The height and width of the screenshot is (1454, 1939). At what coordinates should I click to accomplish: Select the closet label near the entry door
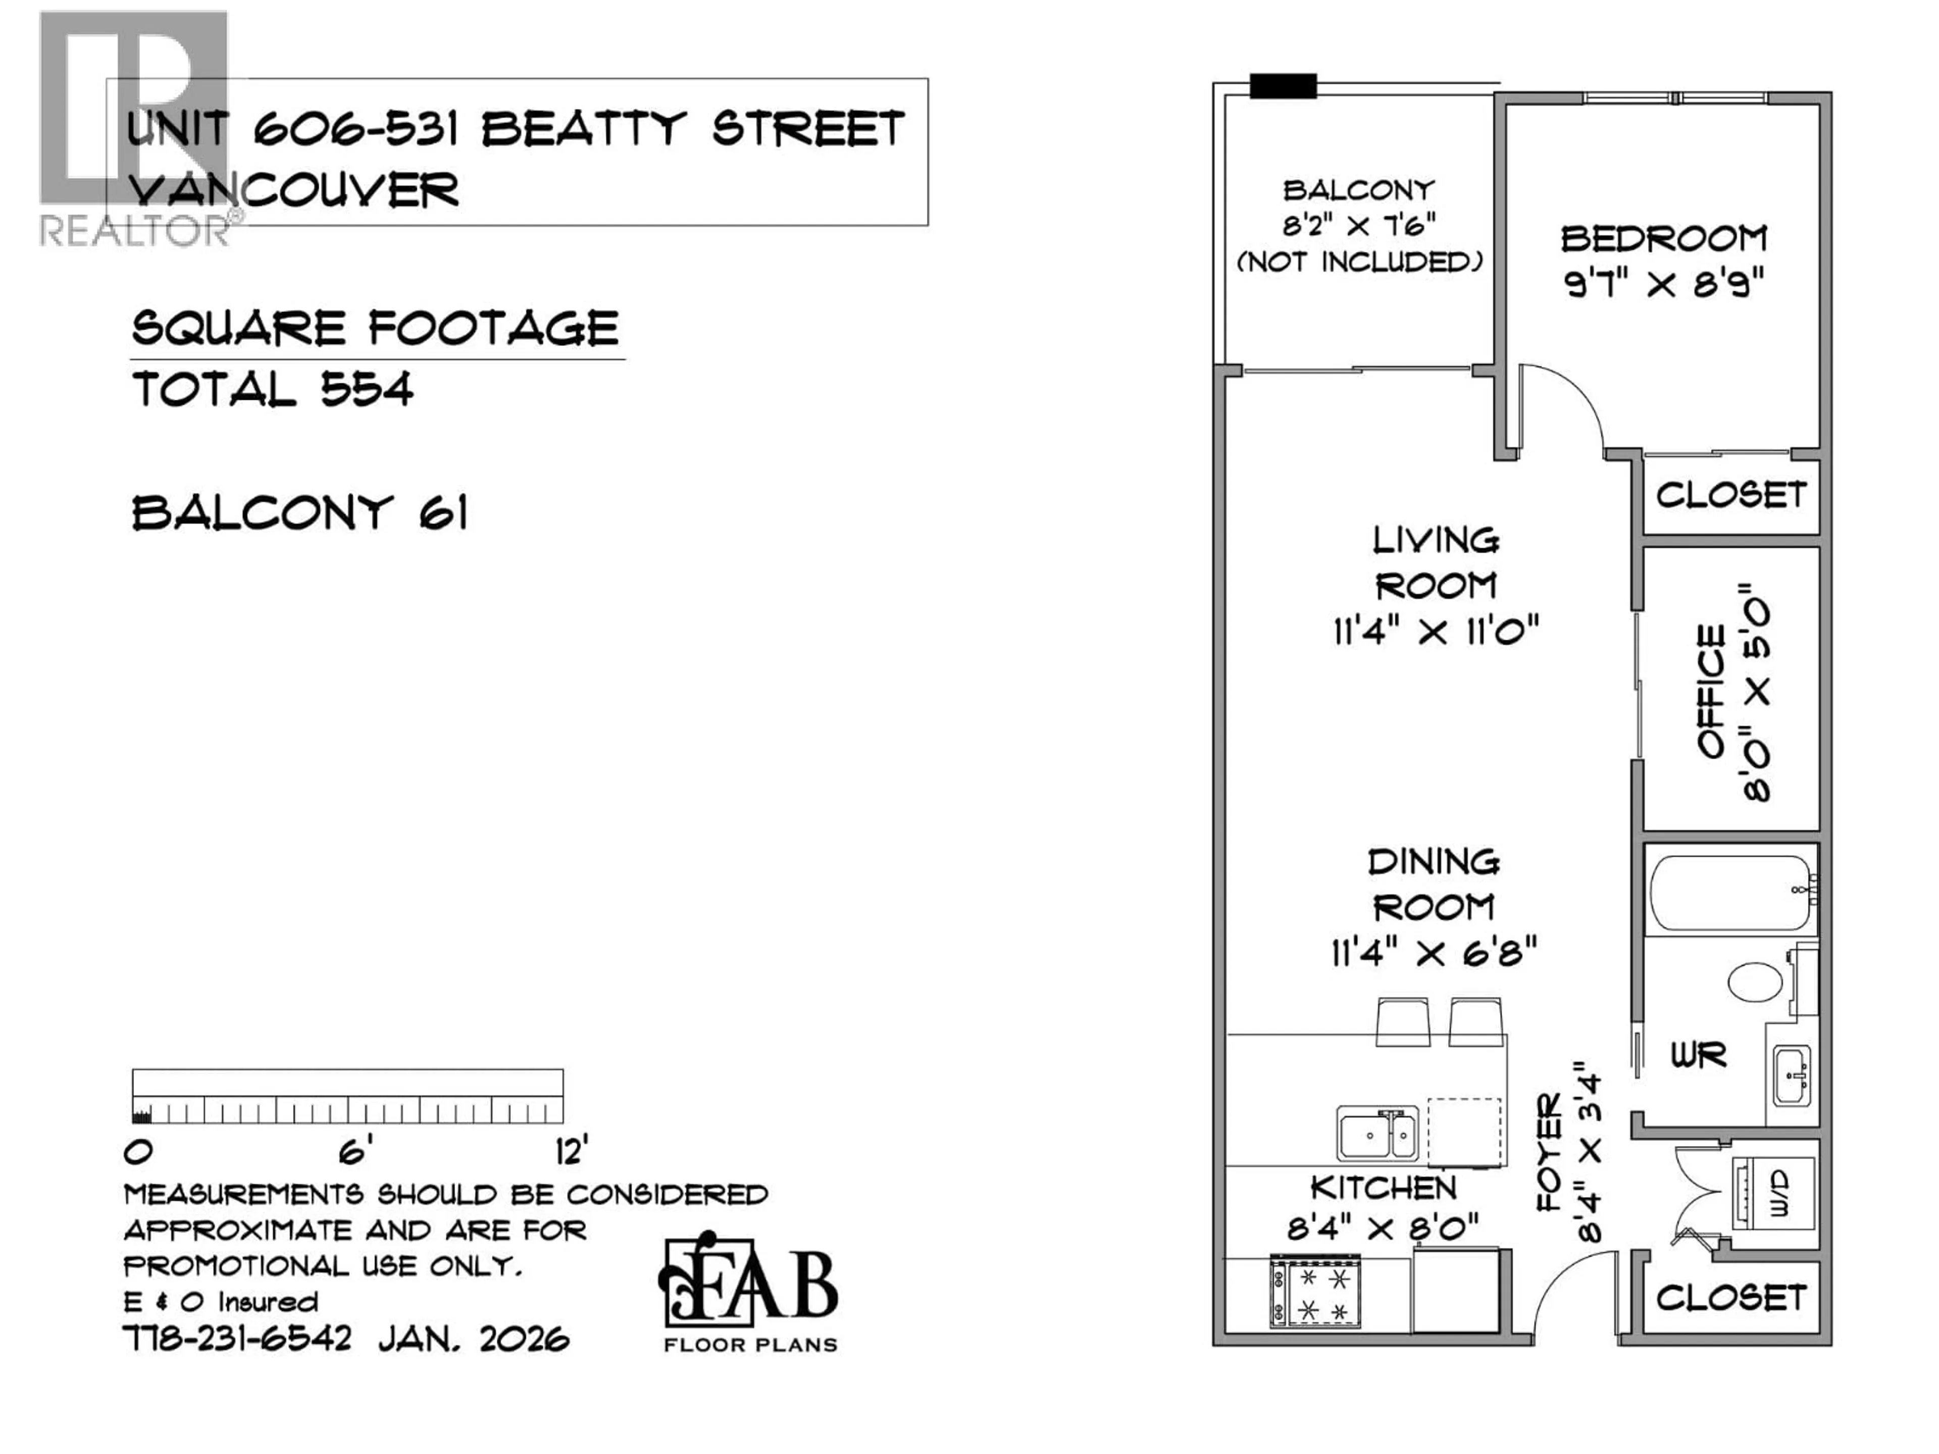click(x=1730, y=1298)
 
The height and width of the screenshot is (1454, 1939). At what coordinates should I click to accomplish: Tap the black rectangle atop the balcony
click(x=1283, y=86)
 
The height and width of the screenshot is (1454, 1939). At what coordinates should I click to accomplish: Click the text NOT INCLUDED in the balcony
click(x=1359, y=262)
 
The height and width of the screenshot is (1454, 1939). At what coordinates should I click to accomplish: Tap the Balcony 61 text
click(x=300, y=513)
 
